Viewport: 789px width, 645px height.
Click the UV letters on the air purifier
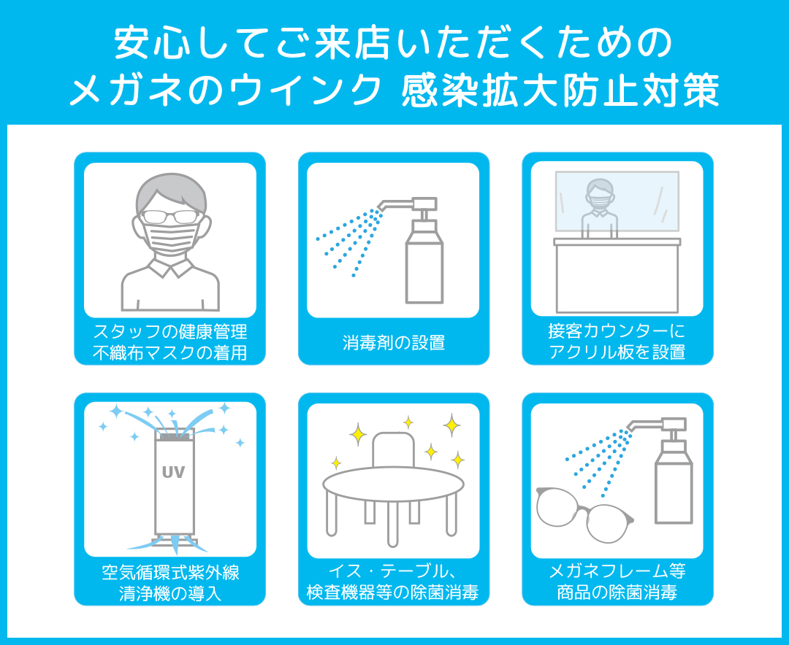click(174, 472)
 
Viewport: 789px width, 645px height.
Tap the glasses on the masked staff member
click(170, 217)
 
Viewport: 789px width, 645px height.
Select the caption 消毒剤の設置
click(394, 342)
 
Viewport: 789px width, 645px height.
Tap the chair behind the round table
click(394, 450)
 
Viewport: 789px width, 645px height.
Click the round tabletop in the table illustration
click(393, 484)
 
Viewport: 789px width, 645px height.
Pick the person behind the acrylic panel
click(600, 208)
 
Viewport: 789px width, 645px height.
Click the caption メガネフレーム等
click(617, 571)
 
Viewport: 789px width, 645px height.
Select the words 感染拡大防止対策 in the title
click(560, 90)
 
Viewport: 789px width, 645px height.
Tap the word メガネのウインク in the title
click(226, 90)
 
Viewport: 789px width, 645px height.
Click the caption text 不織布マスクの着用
click(170, 353)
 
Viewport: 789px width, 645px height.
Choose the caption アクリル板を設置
click(617, 352)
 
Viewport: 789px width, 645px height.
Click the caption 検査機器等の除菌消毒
click(393, 592)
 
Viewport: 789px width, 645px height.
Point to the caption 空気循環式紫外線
click(170, 572)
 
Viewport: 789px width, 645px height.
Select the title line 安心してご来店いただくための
click(394, 43)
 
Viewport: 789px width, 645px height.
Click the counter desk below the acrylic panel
click(617, 275)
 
